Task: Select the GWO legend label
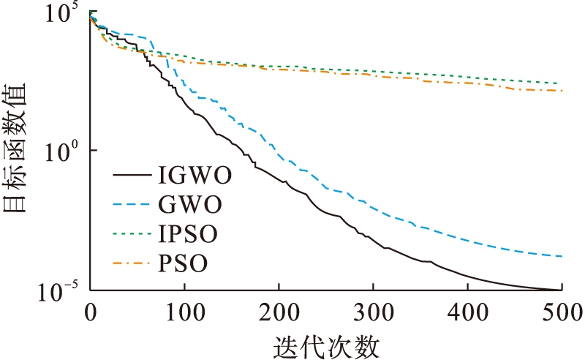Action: pyautogui.click(x=188, y=205)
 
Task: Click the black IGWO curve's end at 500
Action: pyautogui.click(x=561, y=290)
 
